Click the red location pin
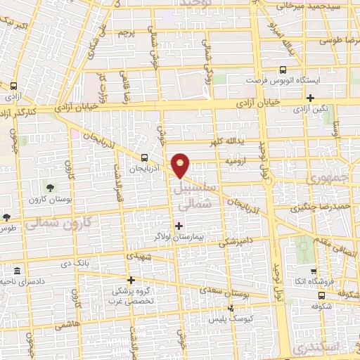tap(181, 165)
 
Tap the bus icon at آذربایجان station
tap(144, 157)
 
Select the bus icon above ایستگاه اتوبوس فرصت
tap(283, 70)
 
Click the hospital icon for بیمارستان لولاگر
tap(179, 226)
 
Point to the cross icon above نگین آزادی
tap(310, 98)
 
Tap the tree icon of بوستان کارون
tap(51, 186)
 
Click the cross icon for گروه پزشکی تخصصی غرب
tap(131, 279)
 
